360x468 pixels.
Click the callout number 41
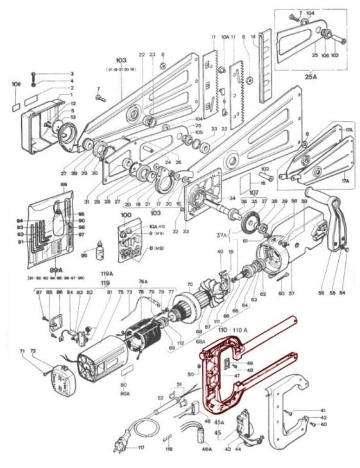point(323,410)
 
